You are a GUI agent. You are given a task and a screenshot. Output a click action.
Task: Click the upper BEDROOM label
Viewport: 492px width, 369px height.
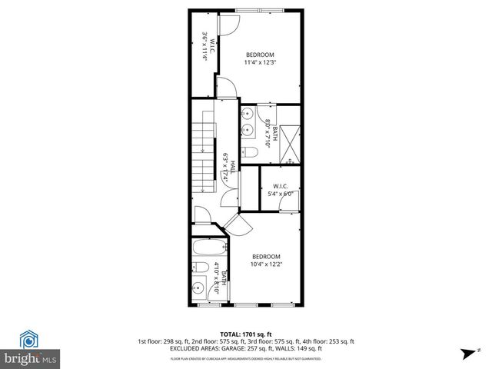pos(260,54)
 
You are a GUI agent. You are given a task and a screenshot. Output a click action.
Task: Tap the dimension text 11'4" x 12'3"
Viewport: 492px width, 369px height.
pos(260,62)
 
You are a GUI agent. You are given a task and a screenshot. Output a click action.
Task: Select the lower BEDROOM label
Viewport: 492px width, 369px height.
pos(267,256)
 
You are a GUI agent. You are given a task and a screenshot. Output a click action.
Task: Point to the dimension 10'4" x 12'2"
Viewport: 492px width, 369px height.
pos(267,264)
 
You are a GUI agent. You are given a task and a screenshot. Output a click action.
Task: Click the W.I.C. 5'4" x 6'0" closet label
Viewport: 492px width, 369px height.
pos(279,189)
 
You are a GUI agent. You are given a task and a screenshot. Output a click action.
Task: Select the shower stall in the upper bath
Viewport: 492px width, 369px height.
pos(289,145)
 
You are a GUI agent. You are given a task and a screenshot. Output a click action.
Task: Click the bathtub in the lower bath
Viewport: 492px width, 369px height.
pos(208,248)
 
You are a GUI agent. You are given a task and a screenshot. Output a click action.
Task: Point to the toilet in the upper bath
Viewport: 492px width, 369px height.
pos(251,153)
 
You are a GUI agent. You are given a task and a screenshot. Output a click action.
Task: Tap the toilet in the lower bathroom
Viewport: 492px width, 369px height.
pos(197,268)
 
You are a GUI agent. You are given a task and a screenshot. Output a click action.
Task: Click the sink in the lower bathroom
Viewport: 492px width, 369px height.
pos(198,291)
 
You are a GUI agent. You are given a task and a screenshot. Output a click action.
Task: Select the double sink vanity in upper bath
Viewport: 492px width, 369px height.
pos(249,123)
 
